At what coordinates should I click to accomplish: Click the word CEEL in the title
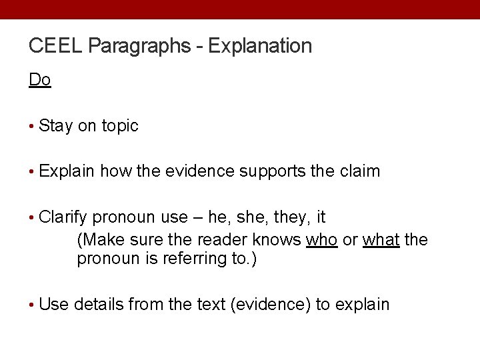point(56,46)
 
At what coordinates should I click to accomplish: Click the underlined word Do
point(40,80)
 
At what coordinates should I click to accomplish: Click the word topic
point(120,125)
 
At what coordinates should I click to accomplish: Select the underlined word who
point(321,239)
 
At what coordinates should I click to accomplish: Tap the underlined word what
point(381,239)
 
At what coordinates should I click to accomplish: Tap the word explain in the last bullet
point(362,305)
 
